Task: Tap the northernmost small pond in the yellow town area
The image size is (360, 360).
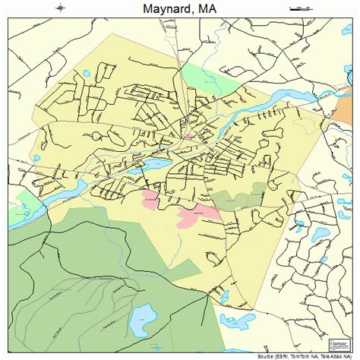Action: tap(85, 74)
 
